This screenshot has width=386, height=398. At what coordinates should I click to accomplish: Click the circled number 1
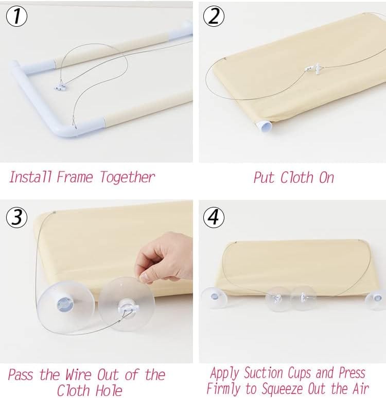coord(16,16)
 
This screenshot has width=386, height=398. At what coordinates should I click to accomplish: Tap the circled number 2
coord(214,16)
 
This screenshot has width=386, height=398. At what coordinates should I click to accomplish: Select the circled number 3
coord(16,217)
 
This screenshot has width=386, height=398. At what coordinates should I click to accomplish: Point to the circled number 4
coord(214,217)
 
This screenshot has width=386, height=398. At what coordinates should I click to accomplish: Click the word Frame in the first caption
coord(75,177)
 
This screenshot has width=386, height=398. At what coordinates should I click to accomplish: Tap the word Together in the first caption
coord(127,178)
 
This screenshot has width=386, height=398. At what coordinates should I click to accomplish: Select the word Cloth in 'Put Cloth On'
coord(296,177)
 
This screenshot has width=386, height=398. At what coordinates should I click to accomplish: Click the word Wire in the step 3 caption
coord(78,374)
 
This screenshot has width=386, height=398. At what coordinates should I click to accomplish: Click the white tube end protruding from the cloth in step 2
coord(264,126)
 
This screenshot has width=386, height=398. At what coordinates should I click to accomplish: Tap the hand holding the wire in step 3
coord(163,257)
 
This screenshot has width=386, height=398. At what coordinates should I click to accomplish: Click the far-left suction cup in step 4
coord(214,298)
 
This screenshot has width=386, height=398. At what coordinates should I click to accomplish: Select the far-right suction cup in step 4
coord(375,300)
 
